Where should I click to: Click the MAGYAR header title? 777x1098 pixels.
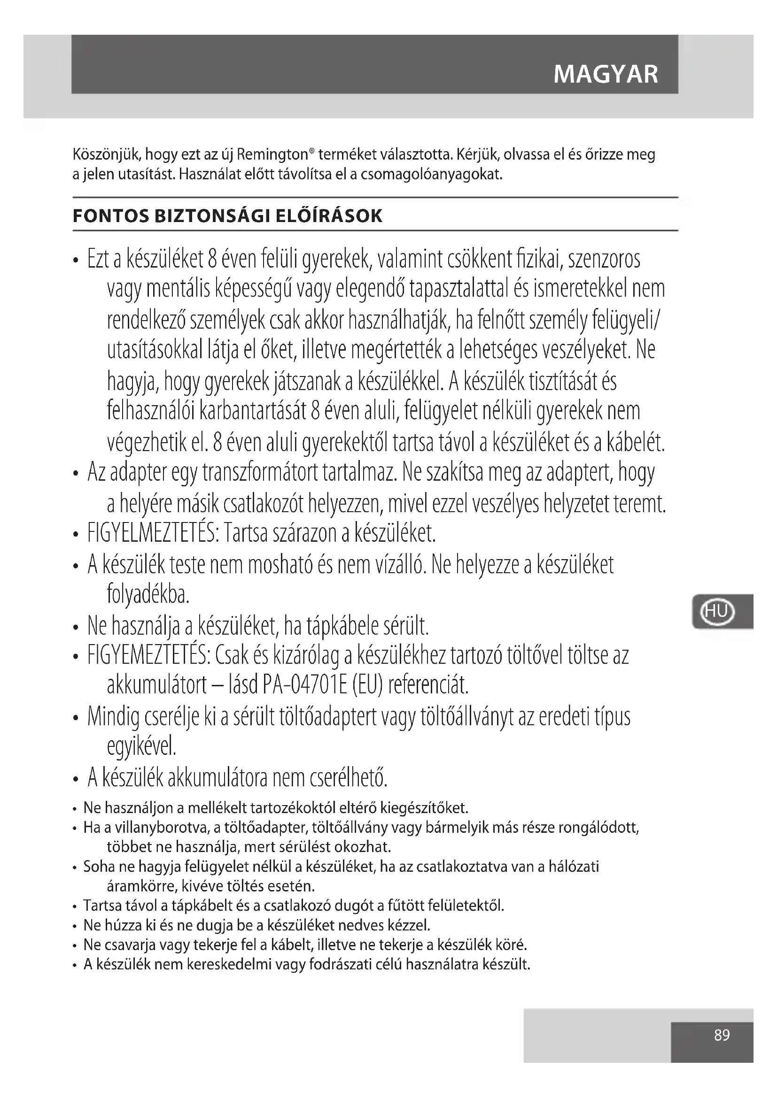click(x=606, y=75)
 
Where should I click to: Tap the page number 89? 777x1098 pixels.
click(x=722, y=1036)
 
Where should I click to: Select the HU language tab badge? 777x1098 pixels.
click(x=716, y=611)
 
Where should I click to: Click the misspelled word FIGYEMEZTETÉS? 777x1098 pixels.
click(x=149, y=656)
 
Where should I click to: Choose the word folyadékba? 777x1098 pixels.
click(x=148, y=594)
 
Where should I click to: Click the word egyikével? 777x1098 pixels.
click(x=141, y=747)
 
